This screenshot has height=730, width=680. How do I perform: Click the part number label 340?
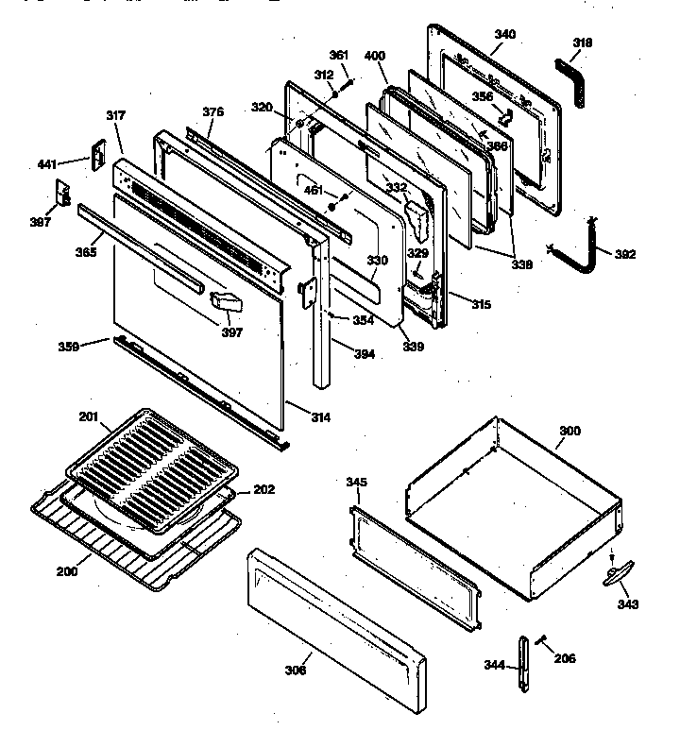pyautogui.click(x=505, y=35)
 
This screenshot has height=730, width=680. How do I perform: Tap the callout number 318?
pyautogui.click(x=583, y=42)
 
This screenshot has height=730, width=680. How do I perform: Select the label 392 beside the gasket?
pyautogui.click(x=625, y=254)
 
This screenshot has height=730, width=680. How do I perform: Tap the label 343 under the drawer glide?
pyautogui.click(x=628, y=604)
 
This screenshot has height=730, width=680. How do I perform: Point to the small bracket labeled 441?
pyautogui.click(x=95, y=157)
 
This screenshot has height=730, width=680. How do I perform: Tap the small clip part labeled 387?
pyautogui.click(x=64, y=193)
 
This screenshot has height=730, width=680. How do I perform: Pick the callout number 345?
pyautogui.click(x=356, y=483)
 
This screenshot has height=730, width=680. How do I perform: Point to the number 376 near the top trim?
pyautogui.click(x=213, y=112)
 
